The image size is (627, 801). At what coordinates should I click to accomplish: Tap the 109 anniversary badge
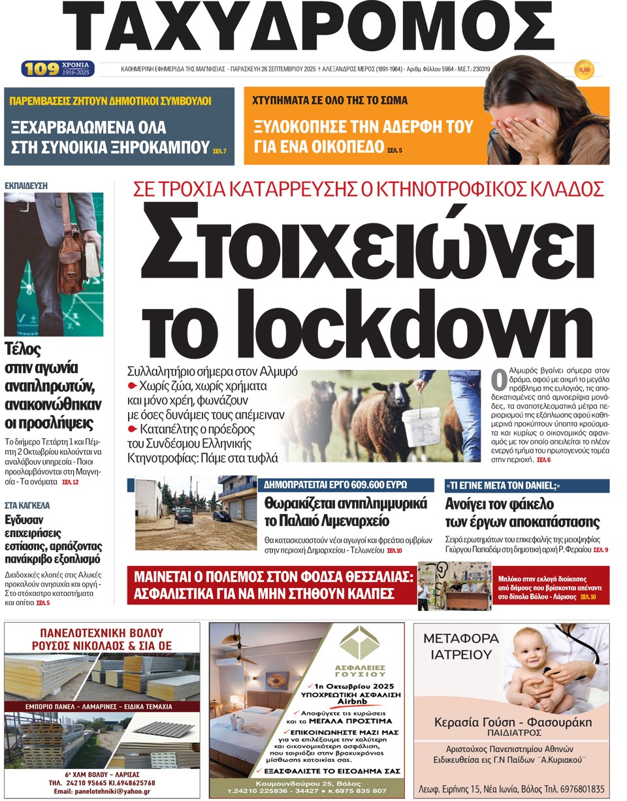tap(38, 69)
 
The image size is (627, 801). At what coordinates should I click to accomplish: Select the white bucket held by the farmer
tap(421, 423)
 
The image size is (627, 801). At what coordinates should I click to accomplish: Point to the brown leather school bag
tap(73, 261)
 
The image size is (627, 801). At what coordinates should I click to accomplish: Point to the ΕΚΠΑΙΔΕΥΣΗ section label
tap(26, 186)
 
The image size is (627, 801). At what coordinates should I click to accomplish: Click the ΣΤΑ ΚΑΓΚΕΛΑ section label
tap(27, 505)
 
